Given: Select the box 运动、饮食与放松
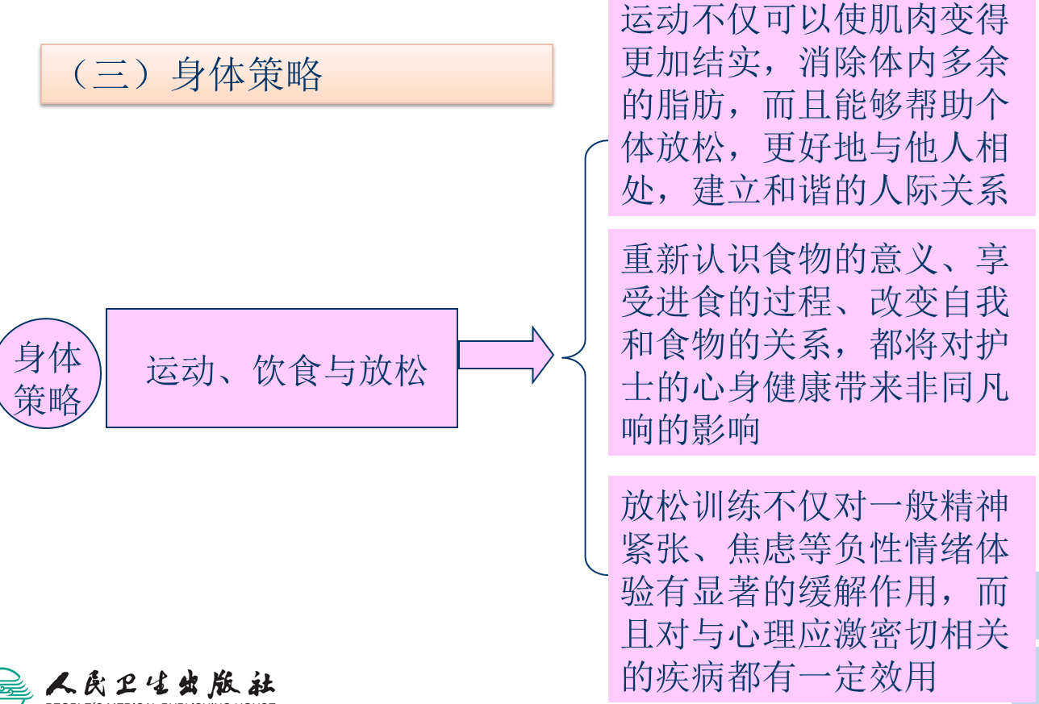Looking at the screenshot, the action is pos(282,368).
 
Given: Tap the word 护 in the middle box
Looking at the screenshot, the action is pos(993,344).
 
